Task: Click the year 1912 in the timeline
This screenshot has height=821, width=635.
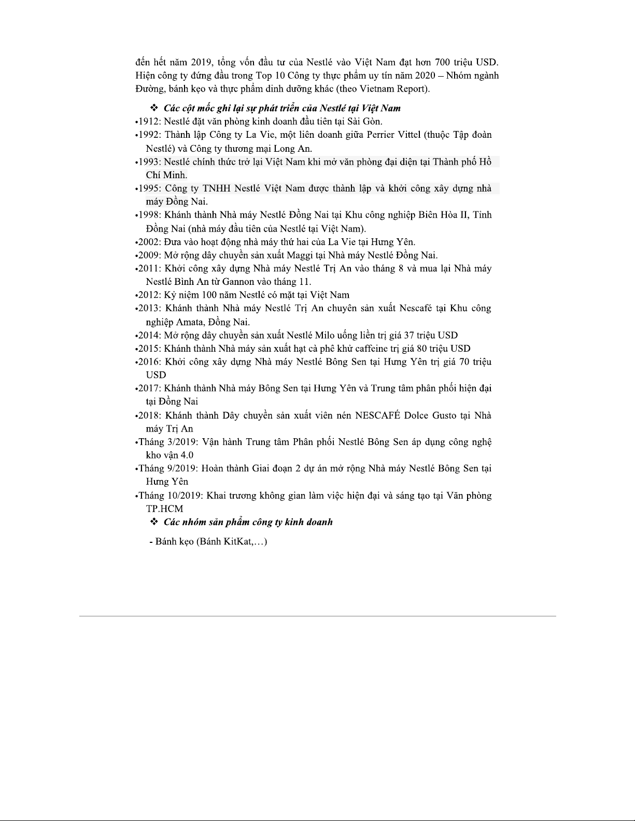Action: [149, 122]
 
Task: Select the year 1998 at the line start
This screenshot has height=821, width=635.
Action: [149, 215]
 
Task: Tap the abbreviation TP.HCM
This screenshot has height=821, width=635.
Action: [164, 509]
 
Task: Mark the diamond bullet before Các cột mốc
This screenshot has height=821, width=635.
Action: [153, 108]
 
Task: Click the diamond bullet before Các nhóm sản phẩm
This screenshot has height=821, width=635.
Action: [153, 522]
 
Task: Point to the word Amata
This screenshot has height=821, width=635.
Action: [189, 322]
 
